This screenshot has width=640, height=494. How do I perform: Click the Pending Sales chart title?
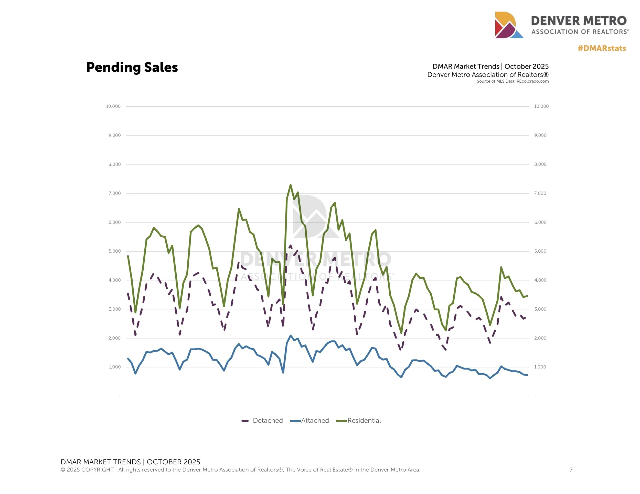click(132, 67)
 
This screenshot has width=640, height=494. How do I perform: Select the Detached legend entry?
click(262, 421)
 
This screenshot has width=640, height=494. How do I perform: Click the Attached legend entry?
click(310, 421)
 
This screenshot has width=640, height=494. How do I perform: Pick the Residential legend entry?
click(359, 421)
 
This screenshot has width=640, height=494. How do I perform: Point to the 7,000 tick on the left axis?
click(115, 193)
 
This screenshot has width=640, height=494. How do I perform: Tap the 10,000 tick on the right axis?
click(541, 106)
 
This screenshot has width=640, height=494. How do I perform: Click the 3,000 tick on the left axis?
click(115, 309)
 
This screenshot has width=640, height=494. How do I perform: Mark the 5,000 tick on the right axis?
click(540, 251)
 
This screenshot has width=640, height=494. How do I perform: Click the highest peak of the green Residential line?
click(290, 185)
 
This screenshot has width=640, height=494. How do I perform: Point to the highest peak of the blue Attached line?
click(290, 336)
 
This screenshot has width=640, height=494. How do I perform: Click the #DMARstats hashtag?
click(602, 48)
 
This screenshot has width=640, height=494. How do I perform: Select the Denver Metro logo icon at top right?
click(509, 25)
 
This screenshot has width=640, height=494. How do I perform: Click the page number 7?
click(571, 469)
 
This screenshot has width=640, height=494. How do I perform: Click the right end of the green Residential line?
click(527, 296)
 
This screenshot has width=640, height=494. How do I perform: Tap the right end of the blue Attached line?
click(527, 375)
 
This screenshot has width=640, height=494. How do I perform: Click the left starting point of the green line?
click(128, 256)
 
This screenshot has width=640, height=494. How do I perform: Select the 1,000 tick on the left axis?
click(115, 367)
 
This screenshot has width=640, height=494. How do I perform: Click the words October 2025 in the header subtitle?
click(526, 66)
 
